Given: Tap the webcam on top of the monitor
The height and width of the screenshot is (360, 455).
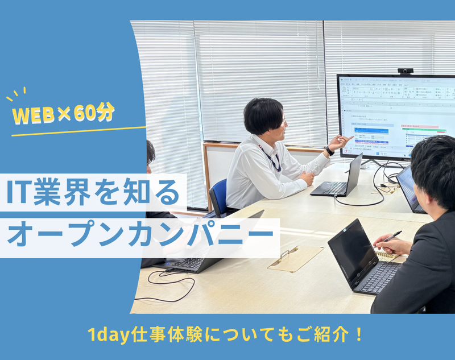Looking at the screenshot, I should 405,71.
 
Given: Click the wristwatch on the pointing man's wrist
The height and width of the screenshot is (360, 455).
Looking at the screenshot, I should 329,150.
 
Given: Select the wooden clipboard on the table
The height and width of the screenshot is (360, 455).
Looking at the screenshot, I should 295,258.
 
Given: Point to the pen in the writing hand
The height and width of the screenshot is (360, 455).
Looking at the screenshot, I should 392,236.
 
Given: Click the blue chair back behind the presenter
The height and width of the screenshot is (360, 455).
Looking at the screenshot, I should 218,197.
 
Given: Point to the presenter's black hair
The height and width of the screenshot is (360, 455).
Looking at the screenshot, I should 263,114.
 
